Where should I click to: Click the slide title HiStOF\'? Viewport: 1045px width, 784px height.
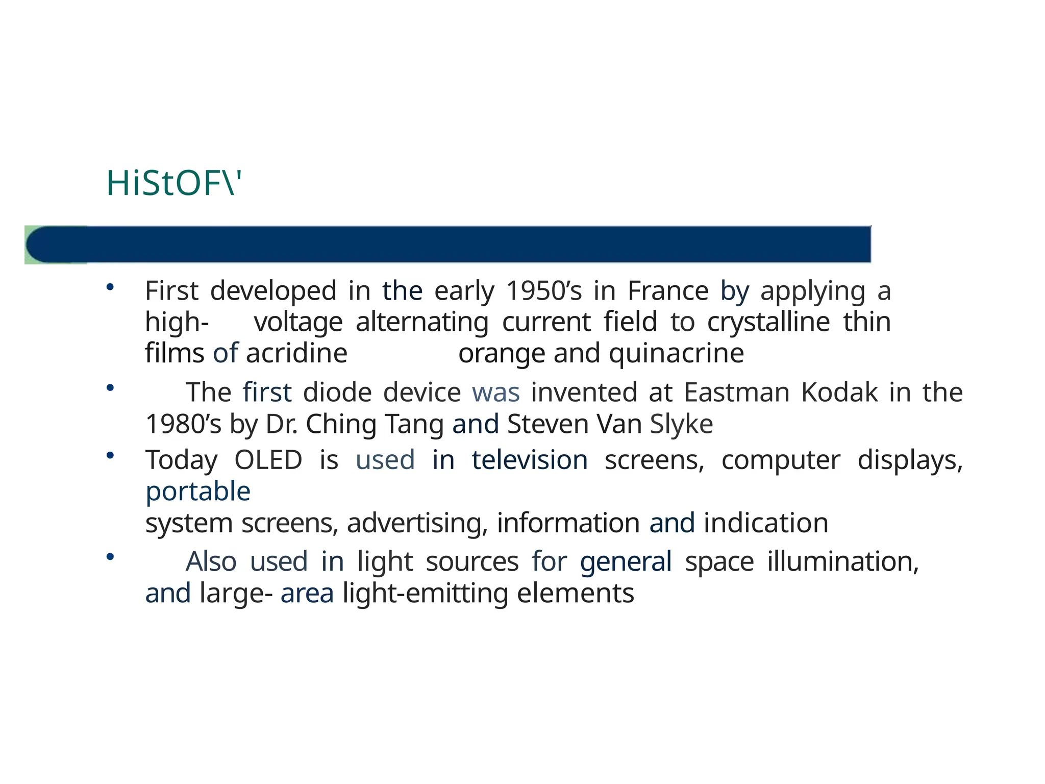173,183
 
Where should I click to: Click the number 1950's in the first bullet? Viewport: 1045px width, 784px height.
544,291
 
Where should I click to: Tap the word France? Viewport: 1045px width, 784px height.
668,291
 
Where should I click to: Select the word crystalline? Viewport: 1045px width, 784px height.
768,323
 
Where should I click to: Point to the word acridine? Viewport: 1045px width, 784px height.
296,353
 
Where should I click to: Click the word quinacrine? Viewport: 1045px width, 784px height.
676,353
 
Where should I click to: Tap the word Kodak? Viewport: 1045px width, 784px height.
839,393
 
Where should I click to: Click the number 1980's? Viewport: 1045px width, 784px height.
183,424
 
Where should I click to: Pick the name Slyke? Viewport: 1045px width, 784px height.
681,424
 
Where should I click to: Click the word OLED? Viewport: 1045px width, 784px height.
268,460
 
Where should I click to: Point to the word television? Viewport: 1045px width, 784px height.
529,460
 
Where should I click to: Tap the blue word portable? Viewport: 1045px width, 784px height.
198,492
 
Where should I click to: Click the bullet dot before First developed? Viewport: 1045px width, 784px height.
109,287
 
